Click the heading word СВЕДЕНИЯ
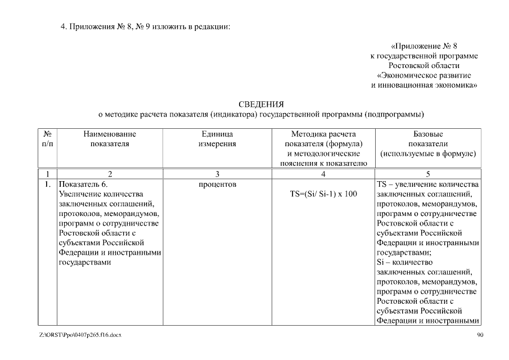[x=261, y=105]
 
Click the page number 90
[x=480, y=335]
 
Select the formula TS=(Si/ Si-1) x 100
[x=323, y=194]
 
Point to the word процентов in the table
[x=217, y=184]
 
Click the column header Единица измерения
[x=217, y=139]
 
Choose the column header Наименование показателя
[x=110, y=139]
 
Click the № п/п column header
[x=48, y=139]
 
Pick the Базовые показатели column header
[x=428, y=143]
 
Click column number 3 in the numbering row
[x=217, y=174]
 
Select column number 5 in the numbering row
[x=428, y=174]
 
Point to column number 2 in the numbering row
[x=110, y=174]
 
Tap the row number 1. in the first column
[x=48, y=184]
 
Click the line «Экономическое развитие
[x=424, y=75]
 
